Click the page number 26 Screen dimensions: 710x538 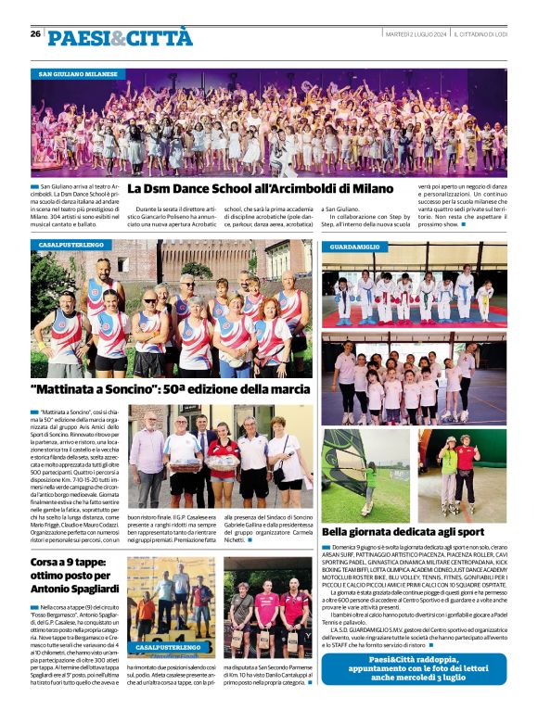tap(35, 34)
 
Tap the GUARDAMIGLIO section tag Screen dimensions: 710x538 tap(353, 247)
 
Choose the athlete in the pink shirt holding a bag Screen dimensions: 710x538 tap(266, 616)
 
